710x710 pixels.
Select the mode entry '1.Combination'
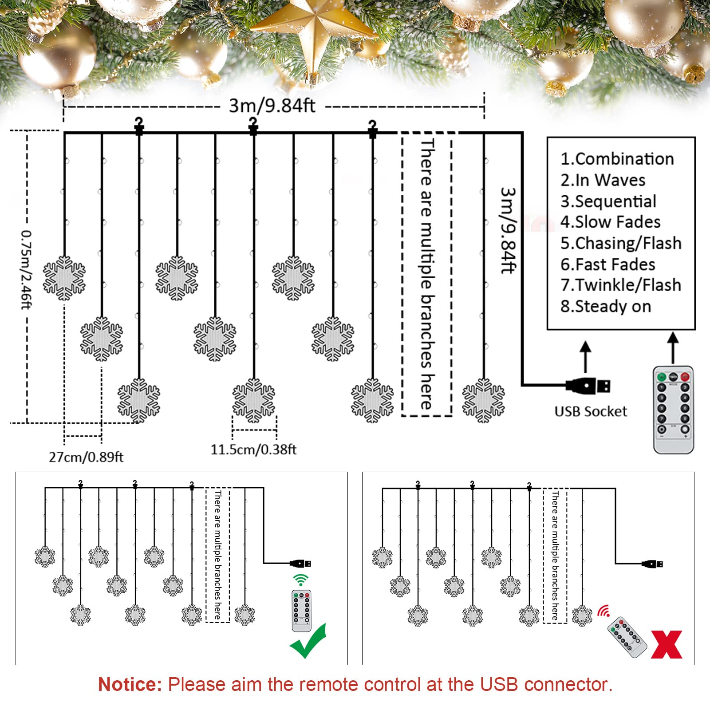click(x=617, y=159)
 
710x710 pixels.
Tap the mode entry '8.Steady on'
click(x=606, y=306)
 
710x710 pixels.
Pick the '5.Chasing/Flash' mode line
click(x=620, y=243)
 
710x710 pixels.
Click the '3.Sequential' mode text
click(x=608, y=201)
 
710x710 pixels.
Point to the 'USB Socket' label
click(x=591, y=411)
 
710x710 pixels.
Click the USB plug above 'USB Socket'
click(x=588, y=386)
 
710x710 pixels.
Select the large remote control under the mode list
click(x=673, y=409)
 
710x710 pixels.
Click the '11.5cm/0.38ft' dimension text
click(x=253, y=450)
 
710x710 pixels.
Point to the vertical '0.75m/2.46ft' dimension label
click(x=26, y=269)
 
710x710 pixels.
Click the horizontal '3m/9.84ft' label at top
click(x=272, y=106)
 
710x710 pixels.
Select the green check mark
click(x=308, y=642)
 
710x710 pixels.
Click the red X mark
click(x=667, y=645)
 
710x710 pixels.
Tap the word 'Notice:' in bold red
click(x=130, y=684)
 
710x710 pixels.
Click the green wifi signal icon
click(x=300, y=580)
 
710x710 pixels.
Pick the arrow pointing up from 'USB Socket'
click(x=586, y=356)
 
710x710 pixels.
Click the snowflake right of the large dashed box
click(x=483, y=400)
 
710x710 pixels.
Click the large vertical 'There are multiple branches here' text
click(x=426, y=274)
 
